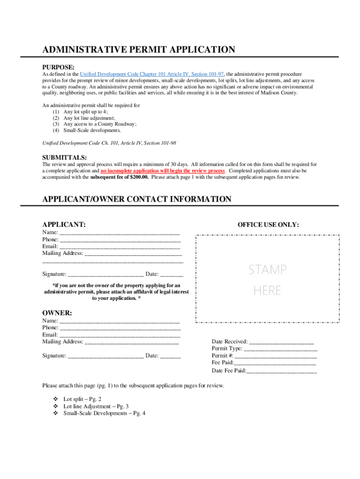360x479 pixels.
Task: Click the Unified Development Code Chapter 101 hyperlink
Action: click(x=151, y=74)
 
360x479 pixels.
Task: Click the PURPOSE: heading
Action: click(x=58, y=67)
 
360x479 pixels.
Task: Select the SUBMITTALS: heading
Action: click(x=65, y=158)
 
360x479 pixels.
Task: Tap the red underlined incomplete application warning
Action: click(x=163, y=171)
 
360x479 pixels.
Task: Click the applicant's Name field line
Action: click(x=120, y=232)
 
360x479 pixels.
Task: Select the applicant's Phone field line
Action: click(x=120, y=239)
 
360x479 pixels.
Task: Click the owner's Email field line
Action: click(x=120, y=335)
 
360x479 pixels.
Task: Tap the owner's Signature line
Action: click(x=106, y=356)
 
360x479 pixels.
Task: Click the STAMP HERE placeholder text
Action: click(x=267, y=280)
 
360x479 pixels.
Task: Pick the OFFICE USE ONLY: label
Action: click(x=268, y=225)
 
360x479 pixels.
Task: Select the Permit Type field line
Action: click(x=281, y=349)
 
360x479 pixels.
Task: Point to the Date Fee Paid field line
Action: click(x=281, y=371)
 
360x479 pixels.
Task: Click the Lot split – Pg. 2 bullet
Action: click(x=82, y=399)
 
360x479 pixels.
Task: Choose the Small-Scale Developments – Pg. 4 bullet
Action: click(x=104, y=414)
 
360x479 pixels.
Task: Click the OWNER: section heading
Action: click(x=57, y=312)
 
